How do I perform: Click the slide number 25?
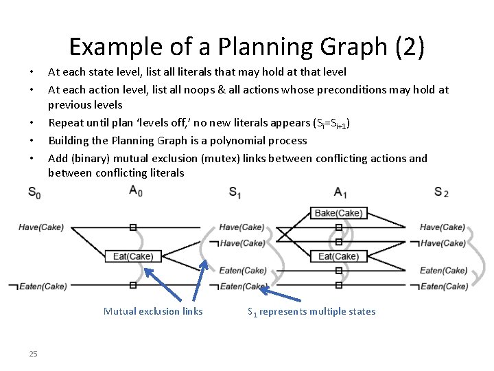[x=33, y=354]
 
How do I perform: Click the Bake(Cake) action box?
[x=338, y=213]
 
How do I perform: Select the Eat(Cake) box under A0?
[x=133, y=256]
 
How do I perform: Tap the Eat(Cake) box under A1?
[x=338, y=256]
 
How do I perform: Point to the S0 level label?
[x=34, y=194]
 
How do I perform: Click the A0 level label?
[x=135, y=190]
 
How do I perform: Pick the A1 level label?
[x=341, y=192]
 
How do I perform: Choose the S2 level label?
[x=441, y=192]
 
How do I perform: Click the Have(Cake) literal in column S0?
[x=41, y=227]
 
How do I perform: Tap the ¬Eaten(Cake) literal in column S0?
[x=37, y=286]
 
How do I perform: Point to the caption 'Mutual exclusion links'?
[x=153, y=311]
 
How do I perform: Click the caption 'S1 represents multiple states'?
[x=311, y=311]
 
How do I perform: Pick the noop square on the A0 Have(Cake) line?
[x=133, y=227]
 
